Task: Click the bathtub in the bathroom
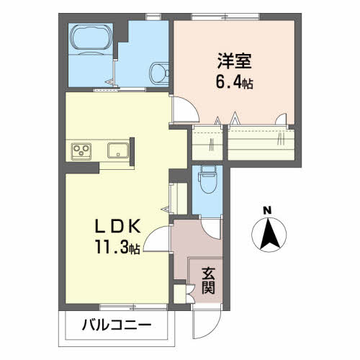pyautogui.click(x=91, y=37)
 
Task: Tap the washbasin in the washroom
pyautogui.click(x=159, y=73)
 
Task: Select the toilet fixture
pyautogui.click(x=208, y=179)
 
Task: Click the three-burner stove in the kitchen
pyautogui.click(x=81, y=151)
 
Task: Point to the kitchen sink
pyautogui.click(x=118, y=150)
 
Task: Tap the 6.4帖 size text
pyautogui.click(x=234, y=83)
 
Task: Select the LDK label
pyautogui.click(x=117, y=227)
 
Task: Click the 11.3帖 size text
pyautogui.click(x=117, y=247)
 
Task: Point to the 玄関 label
pyautogui.click(x=208, y=281)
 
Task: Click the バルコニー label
pyautogui.click(x=117, y=325)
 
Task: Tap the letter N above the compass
pyautogui.click(x=267, y=211)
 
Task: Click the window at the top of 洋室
pyautogui.click(x=225, y=17)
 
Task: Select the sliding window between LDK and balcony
pyautogui.click(x=133, y=307)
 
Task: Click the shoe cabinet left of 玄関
pyautogui.click(x=179, y=294)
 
